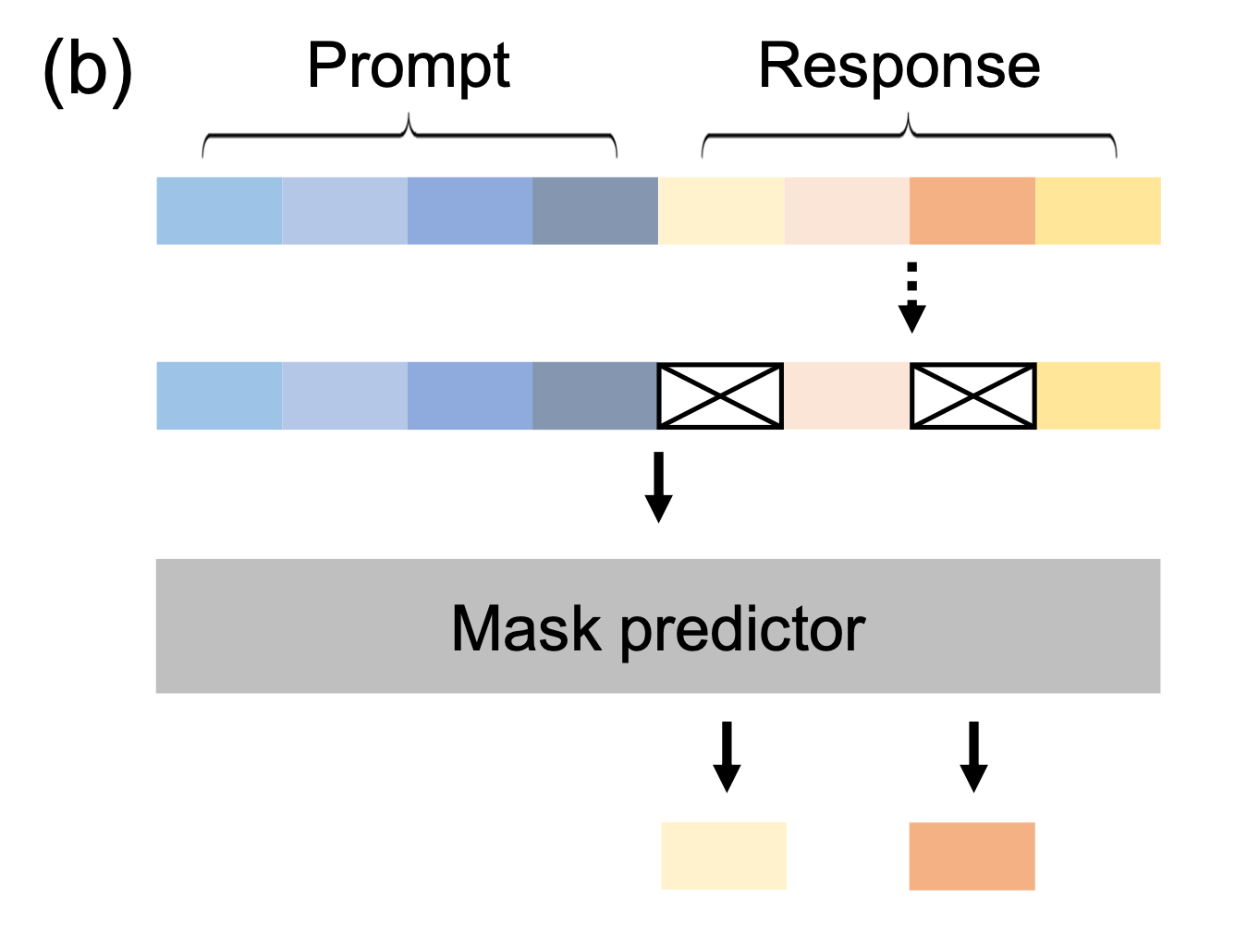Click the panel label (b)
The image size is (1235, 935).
[x=89, y=72]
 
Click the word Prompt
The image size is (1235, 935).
[x=409, y=67]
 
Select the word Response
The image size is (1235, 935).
[x=899, y=67]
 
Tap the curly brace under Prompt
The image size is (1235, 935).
[x=409, y=134]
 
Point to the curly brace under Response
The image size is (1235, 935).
[x=909, y=134]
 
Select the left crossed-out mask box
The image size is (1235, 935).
[x=720, y=395]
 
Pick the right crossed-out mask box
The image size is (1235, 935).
[x=973, y=395]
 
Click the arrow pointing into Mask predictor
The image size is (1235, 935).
[x=658, y=487]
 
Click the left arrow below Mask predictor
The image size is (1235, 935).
[x=727, y=757]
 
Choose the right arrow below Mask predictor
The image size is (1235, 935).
[x=974, y=757]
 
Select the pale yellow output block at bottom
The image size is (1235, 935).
[x=724, y=856]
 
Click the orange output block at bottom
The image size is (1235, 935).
[x=972, y=856]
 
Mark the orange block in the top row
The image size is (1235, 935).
[x=972, y=211]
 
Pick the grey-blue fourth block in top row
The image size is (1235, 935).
[x=595, y=211]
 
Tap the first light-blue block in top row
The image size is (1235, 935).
[x=219, y=211]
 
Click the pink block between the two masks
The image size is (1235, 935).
[x=847, y=395]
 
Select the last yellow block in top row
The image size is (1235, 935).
[x=1098, y=211]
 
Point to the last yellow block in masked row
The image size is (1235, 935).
[x=1099, y=395]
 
